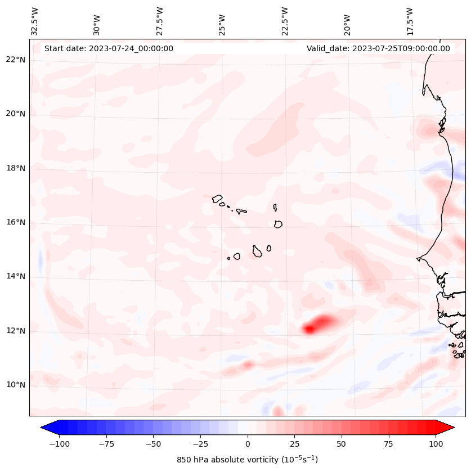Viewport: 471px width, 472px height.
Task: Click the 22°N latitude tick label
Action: click(x=16, y=60)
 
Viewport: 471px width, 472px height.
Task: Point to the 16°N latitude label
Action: click(x=16, y=222)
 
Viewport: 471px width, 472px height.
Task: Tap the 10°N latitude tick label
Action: click(x=16, y=385)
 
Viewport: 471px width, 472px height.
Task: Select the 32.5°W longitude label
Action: click(x=35, y=21)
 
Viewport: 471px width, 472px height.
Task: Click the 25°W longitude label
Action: click(x=223, y=22)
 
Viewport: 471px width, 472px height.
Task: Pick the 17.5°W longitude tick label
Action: click(x=410, y=21)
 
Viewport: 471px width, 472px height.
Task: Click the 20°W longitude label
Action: click(x=347, y=22)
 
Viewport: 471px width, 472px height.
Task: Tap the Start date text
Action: click(x=109, y=48)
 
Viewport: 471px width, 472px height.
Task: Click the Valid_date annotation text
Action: click(x=378, y=48)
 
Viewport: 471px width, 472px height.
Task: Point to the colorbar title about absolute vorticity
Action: click(x=248, y=460)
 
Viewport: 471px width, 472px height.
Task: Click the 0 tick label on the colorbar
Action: click(x=248, y=444)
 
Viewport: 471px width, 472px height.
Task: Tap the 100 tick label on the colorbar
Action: click(x=436, y=444)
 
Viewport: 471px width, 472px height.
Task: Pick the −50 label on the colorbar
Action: click(x=153, y=444)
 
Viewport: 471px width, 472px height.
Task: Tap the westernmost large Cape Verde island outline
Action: click(x=218, y=198)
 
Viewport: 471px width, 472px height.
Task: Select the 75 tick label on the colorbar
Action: click(x=389, y=444)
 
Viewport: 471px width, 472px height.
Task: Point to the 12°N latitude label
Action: click(x=16, y=331)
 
